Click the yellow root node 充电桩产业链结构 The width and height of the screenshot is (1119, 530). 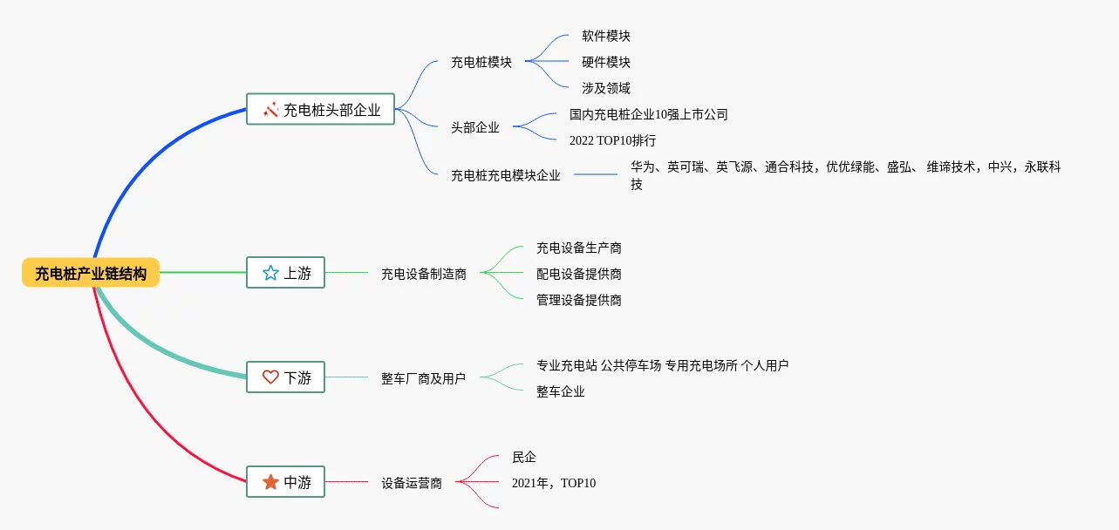91,273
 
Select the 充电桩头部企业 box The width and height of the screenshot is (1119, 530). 320,109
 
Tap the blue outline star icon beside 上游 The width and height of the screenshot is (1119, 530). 270,273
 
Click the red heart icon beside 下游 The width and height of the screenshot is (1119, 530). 270,377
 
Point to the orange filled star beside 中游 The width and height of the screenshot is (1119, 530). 270,481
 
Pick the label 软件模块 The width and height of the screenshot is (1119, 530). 606,36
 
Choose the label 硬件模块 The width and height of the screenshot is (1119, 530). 606,62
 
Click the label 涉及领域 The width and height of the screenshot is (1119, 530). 606,88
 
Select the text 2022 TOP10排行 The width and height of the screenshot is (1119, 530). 612,140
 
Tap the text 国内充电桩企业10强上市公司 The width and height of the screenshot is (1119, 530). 648,114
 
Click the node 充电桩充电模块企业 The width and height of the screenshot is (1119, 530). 506,175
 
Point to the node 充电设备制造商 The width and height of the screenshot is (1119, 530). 424,274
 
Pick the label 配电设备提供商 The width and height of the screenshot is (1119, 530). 579,274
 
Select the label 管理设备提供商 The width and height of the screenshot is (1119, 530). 579,300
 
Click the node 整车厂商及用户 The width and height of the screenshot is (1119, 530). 423,378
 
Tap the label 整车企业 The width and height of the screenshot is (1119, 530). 561,391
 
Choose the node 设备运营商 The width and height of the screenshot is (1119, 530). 412,483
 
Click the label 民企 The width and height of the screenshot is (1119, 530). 524,457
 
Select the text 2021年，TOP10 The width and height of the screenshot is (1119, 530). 554,483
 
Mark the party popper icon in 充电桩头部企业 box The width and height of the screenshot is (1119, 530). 270,109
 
